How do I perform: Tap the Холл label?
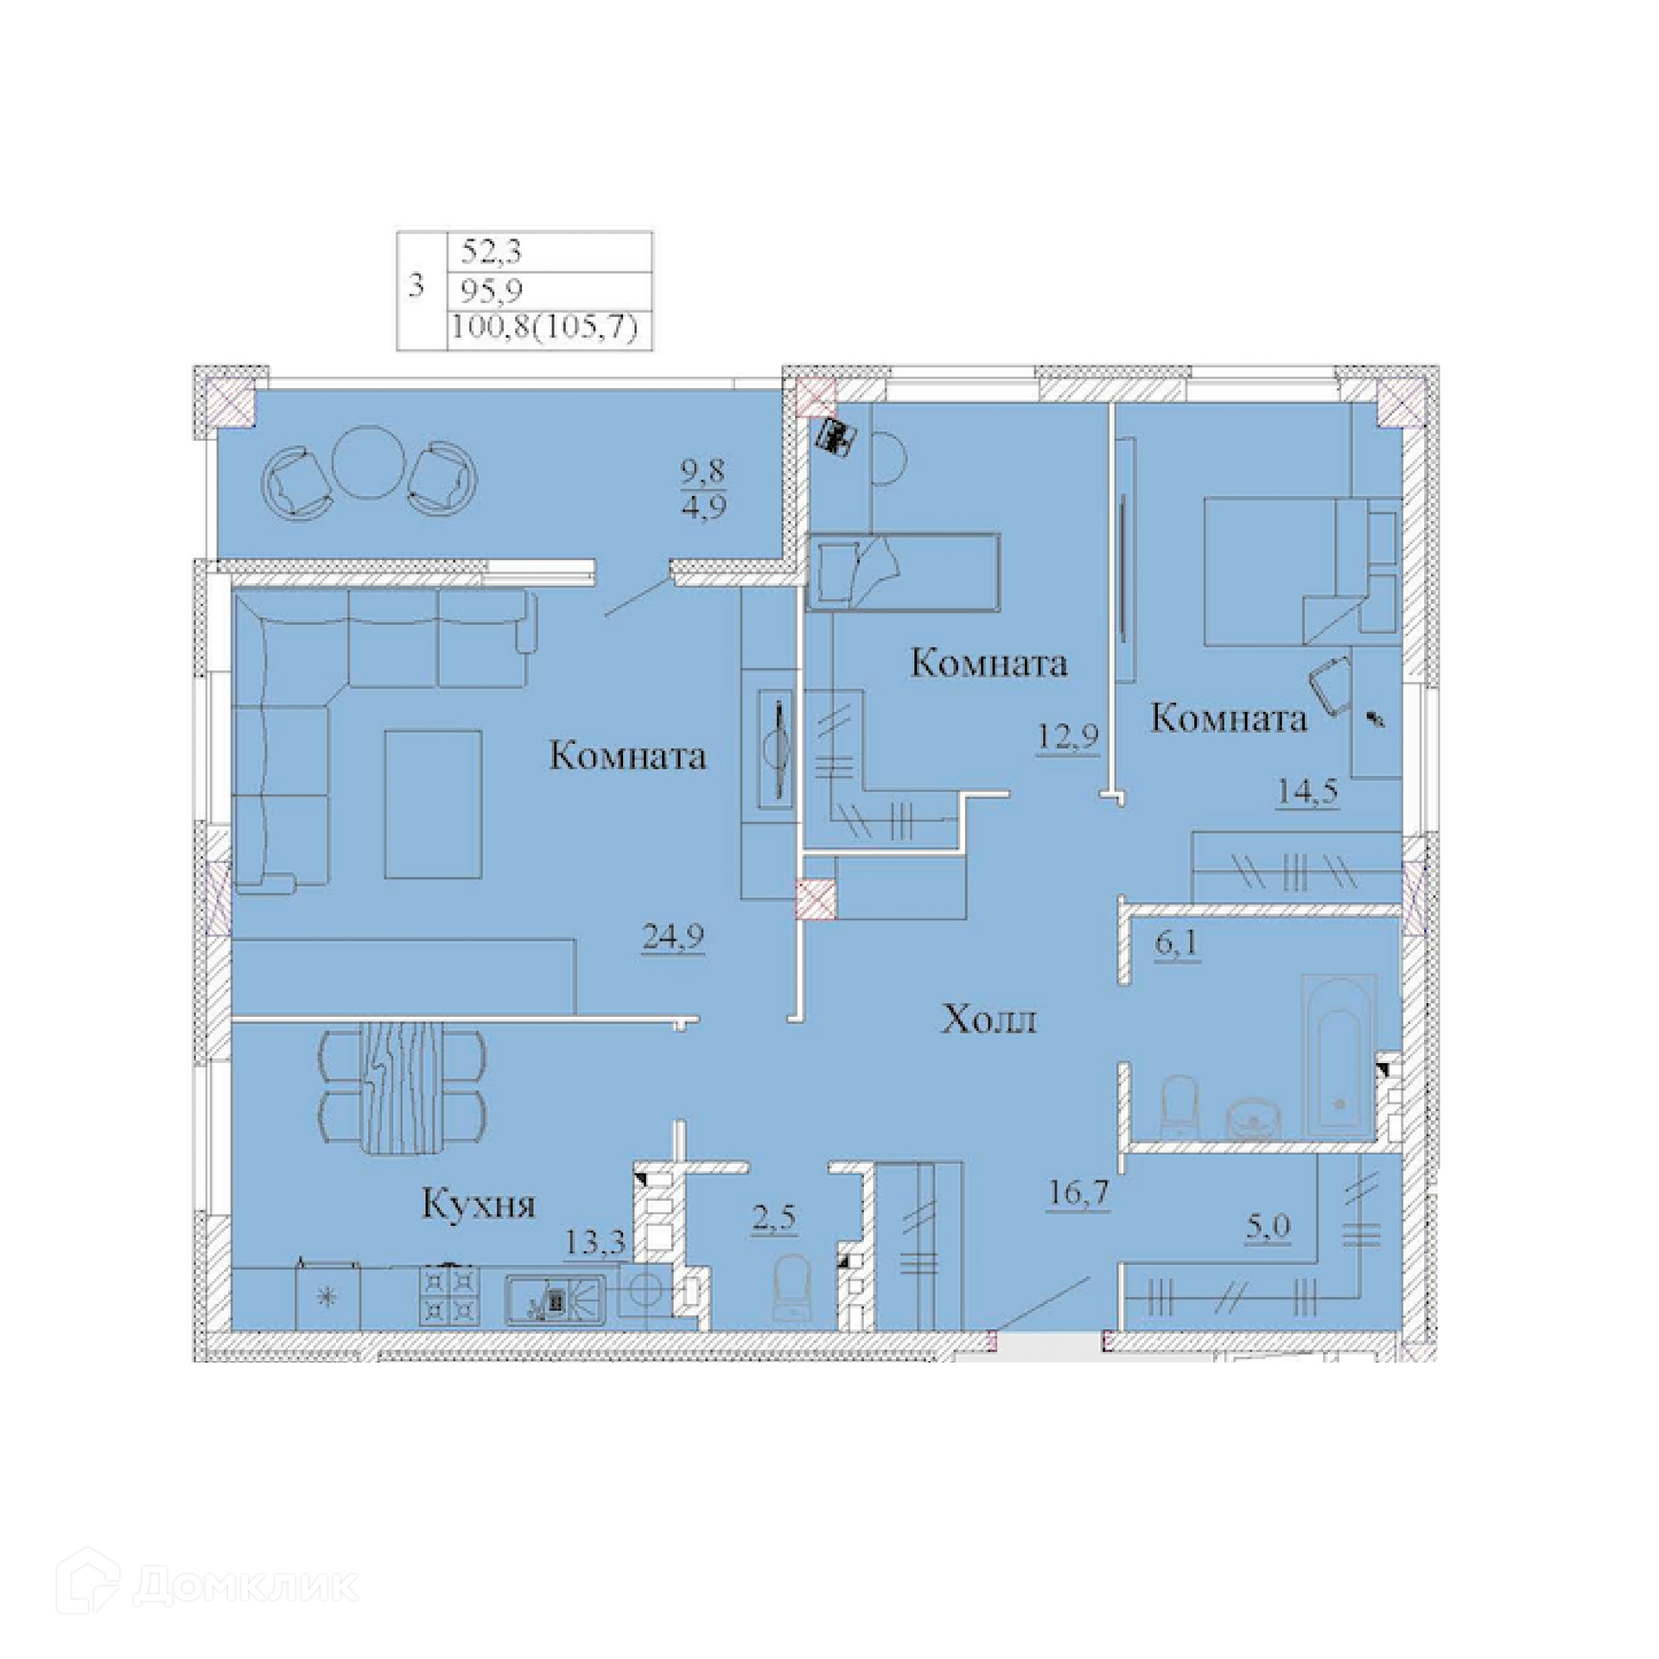(988, 1020)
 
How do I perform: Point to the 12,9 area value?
(1068, 736)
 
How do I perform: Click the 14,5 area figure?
(1308, 791)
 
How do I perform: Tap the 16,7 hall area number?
(1078, 1194)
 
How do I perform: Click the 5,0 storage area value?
(1268, 1225)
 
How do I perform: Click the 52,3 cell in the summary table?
(492, 251)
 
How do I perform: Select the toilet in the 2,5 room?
(793, 1287)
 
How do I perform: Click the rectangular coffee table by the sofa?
(433, 804)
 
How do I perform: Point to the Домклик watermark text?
(246, 1586)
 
